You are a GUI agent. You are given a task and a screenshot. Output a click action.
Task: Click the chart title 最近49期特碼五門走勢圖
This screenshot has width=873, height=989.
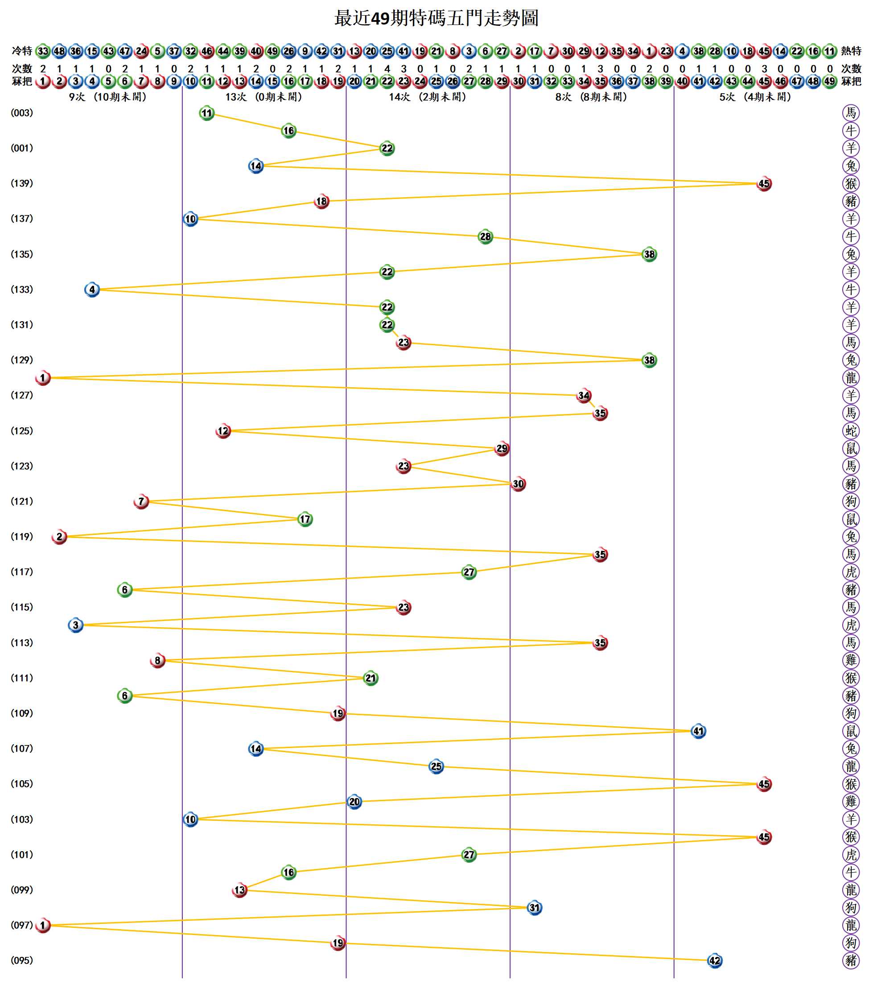[436, 18]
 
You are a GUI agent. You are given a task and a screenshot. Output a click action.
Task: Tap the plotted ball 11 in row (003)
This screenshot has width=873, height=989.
[206, 113]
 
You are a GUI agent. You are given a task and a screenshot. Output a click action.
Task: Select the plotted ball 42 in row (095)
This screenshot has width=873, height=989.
[714, 960]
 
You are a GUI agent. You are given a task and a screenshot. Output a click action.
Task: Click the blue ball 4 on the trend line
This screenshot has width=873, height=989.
[92, 290]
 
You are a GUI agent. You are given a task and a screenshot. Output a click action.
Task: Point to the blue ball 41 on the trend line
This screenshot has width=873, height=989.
[698, 731]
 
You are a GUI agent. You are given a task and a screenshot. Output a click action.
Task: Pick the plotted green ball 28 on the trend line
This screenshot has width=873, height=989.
[485, 236]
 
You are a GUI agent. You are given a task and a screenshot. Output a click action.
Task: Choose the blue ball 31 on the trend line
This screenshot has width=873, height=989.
[534, 908]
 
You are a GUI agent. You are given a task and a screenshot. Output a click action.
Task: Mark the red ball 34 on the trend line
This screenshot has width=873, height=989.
[584, 395]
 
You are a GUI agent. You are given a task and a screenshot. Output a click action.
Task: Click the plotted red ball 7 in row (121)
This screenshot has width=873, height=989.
[141, 501]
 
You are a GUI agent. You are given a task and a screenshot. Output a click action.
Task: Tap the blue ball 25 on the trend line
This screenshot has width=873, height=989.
[436, 766]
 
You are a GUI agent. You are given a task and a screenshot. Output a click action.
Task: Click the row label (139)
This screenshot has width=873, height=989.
[22, 183]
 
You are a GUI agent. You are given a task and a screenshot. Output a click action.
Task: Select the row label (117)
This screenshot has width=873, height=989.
[22, 572]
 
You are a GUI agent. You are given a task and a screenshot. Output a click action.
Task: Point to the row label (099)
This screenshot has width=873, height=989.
[22, 890]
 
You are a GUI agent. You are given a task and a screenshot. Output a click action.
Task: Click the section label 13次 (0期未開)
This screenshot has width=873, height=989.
[264, 97]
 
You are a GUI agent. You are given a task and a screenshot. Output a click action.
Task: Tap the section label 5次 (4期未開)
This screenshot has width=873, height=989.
[755, 97]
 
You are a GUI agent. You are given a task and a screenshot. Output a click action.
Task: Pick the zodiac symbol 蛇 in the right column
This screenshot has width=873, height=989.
[851, 430]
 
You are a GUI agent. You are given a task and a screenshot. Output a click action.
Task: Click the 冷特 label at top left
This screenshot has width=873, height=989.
[22, 51]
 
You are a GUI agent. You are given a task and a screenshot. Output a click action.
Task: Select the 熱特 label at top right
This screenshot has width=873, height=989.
[851, 51]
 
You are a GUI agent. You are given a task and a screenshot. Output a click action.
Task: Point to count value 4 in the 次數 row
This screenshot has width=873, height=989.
[387, 69]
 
